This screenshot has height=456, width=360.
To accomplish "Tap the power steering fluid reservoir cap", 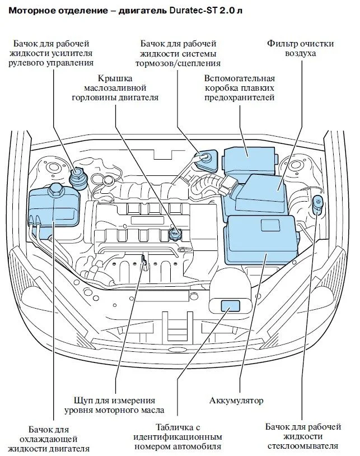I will click(77, 177).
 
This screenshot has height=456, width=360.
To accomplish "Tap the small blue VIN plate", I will click(230, 306).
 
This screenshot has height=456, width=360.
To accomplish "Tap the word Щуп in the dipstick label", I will click(85, 401).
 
